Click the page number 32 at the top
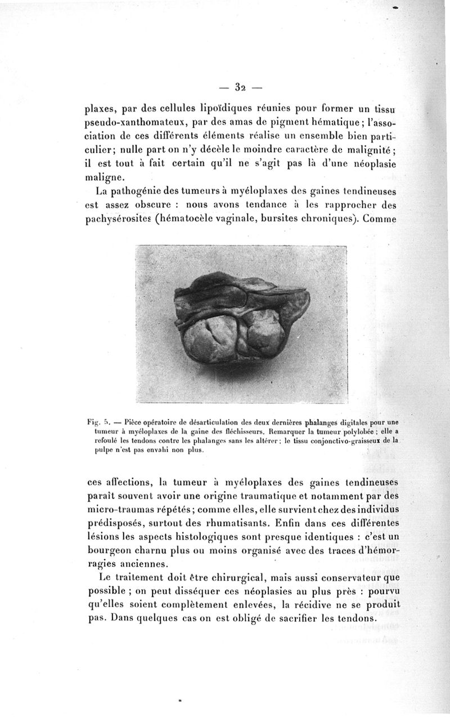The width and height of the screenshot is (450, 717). pyautogui.click(x=242, y=87)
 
